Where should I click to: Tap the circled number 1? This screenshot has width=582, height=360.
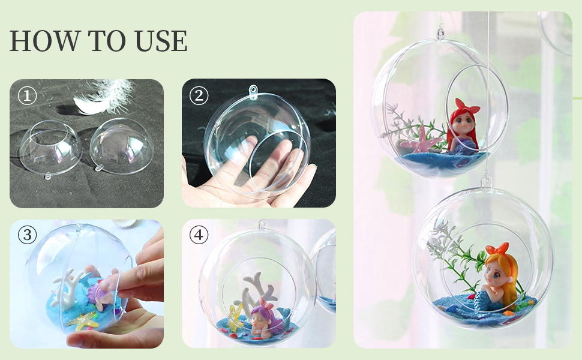point(28,96)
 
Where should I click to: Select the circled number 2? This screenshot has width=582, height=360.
point(199,96)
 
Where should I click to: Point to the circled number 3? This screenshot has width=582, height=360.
point(28,235)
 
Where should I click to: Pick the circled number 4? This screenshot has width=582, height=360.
point(199,235)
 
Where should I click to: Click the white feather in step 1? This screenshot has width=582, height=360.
point(104,97)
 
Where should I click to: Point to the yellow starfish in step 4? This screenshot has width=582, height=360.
point(235,317)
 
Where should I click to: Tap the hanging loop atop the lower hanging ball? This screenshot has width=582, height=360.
point(486,181)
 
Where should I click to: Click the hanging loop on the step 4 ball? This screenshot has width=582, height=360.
point(263,224)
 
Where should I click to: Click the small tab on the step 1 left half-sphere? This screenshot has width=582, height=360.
point(48,176)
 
